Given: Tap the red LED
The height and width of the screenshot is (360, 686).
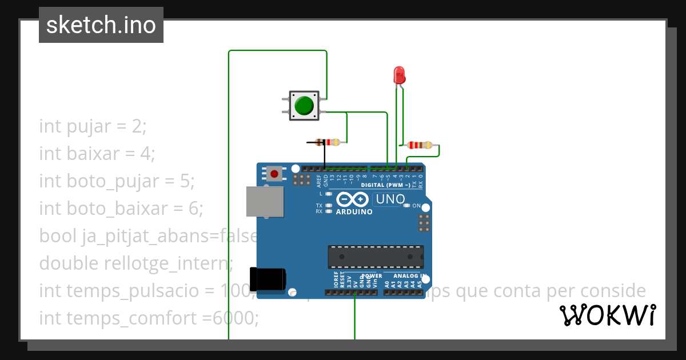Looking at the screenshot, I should [399, 75].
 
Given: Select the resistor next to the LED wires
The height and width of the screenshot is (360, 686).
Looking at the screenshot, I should [421, 145].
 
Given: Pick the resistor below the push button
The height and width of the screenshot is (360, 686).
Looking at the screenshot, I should [328, 142].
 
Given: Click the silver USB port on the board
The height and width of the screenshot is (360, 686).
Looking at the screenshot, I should [265, 202].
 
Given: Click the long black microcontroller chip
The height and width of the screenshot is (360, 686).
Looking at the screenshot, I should [376, 257].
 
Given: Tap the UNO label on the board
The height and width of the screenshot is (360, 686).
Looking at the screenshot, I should [389, 199].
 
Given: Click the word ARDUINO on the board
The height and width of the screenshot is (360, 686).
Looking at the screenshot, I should [354, 212].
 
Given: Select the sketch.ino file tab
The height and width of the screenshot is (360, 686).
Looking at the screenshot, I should [101, 25].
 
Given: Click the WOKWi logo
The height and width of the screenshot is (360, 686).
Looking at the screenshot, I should [607, 315].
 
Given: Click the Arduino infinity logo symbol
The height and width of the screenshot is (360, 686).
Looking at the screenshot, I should [352, 199].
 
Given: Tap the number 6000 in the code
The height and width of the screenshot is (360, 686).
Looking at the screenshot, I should [235, 318].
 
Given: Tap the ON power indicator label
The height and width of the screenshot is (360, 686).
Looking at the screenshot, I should [416, 206].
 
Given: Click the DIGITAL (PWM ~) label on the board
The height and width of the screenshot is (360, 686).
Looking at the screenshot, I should [385, 186].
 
